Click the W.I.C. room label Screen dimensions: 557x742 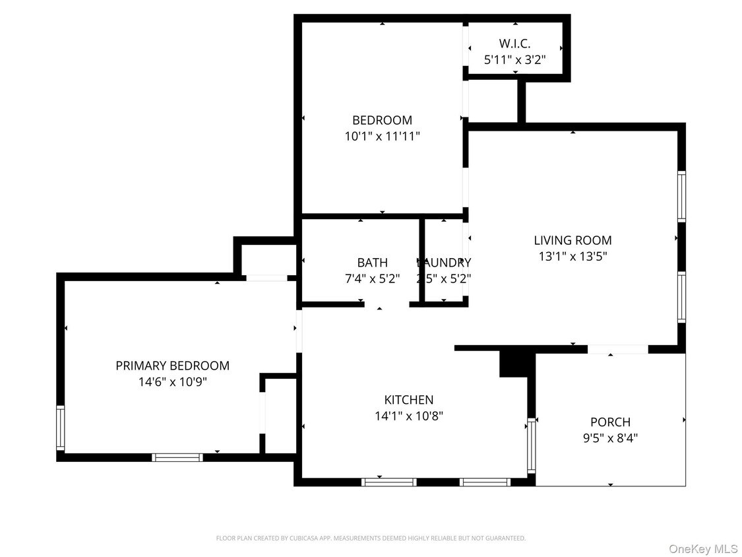pos(514,44)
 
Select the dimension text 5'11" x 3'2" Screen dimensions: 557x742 pos(514,60)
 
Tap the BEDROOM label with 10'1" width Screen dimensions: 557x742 pos(382,120)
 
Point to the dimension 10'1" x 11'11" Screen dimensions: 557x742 pos(382,137)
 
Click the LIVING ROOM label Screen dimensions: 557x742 pos(572,240)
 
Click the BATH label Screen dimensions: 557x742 pos(373,263)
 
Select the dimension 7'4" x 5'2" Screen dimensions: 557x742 pos(373,278)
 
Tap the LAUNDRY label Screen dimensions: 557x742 pos(444,263)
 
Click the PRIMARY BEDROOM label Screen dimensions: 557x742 pos(172,366)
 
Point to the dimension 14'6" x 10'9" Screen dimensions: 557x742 pos(172,381)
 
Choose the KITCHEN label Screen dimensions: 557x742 pos(409,400)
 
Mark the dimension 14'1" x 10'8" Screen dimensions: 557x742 pos(409,416)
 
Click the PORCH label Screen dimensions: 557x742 pos(610,422)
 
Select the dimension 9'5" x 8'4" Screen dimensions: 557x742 pos(610,438)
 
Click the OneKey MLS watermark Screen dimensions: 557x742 pos(703,548)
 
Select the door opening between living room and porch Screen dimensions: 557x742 pos(618,349)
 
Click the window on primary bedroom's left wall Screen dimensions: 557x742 pos(61,428)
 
